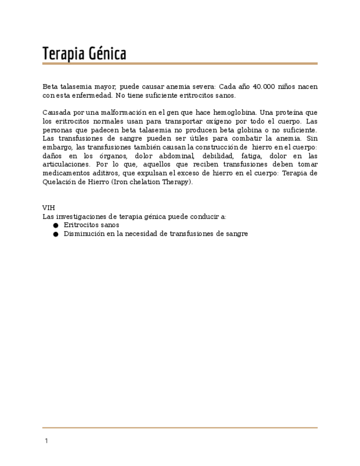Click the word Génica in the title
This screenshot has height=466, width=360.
107,54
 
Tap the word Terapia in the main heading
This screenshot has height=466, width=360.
63,54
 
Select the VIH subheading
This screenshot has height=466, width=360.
48,208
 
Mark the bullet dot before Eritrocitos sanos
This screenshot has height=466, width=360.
56,225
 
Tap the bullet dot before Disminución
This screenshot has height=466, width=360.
56,234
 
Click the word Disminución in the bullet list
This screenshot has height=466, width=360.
85,234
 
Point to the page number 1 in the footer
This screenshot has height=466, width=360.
46,441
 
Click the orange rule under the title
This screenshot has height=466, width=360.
180,64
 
